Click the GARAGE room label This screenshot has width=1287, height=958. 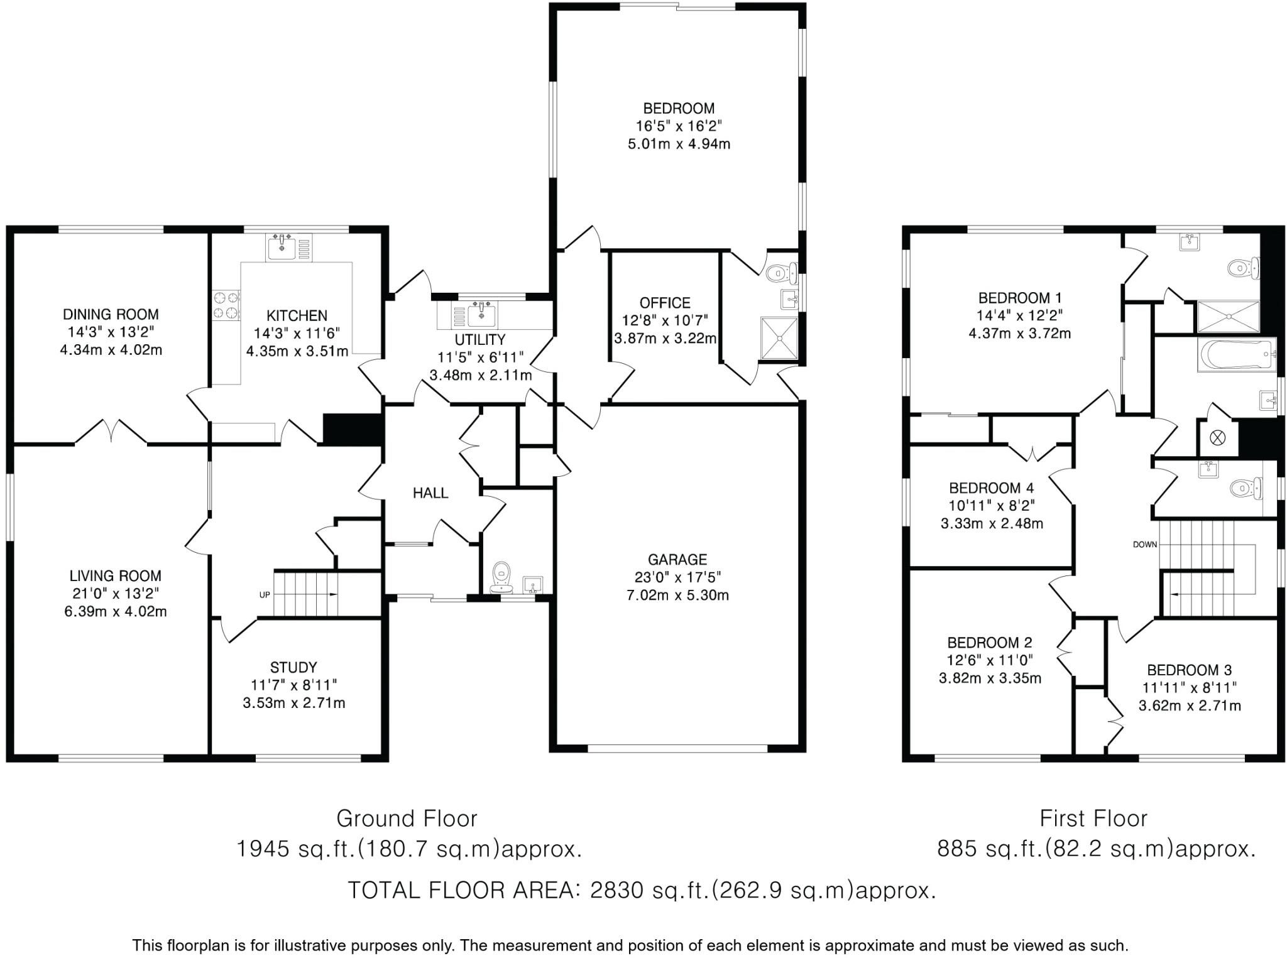click(x=677, y=559)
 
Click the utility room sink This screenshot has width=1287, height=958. click(x=481, y=314)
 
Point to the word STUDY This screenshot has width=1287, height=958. click(x=293, y=667)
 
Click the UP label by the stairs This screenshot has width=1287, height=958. click(x=265, y=594)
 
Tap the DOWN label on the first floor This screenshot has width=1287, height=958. click(x=1144, y=545)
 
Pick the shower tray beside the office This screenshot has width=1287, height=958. click(x=779, y=338)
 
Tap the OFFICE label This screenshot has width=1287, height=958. click(x=665, y=303)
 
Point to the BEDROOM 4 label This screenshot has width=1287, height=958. click(x=991, y=488)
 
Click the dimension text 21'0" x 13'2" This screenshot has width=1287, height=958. click(x=115, y=593)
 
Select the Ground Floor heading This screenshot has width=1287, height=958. click(x=407, y=819)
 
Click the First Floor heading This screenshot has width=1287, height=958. click(x=1093, y=819)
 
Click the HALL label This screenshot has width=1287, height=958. click(x=430, y=493)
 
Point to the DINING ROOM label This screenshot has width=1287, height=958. click(x=111, y=314)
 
